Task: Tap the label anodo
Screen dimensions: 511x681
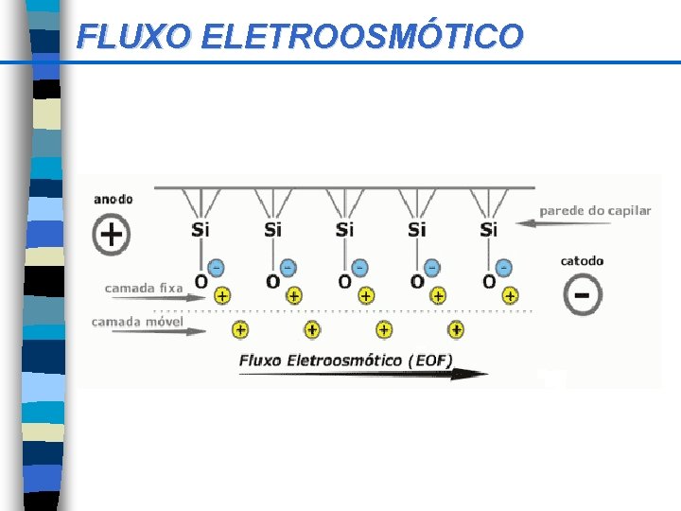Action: click(x=113, y=199)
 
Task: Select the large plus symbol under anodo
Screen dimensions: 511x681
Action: click(x=113, y=234)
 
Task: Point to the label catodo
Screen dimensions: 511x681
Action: click(x=582, y=261)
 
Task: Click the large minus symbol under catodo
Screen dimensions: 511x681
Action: click(x=582, y=295)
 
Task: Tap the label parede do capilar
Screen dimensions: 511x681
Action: click(x=595, y=210)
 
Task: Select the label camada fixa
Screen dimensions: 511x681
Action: click(x=144, y=288)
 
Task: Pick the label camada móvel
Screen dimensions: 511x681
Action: click(x=137, y=322)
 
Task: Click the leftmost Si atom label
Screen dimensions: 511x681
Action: click(x=201, y=229)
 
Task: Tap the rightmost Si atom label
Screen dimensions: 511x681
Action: click(x=489, y=229)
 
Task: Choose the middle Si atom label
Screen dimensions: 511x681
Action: click(x=345, y=229)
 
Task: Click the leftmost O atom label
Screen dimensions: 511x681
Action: click(x=201, y=281)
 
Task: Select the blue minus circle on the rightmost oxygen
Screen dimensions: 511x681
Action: click(x=504, y=268)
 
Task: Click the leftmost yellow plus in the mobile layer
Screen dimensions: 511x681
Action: click(x=240, y=329)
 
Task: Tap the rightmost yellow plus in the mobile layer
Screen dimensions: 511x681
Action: click(x=456, y=329)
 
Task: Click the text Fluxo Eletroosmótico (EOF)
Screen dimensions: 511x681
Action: click(x=346, y=360)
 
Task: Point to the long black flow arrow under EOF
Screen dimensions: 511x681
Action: click(x=364, y=374)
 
